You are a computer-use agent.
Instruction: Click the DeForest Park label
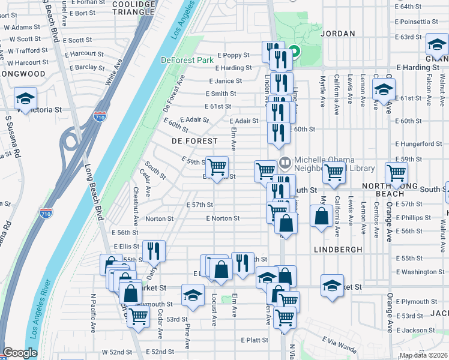point(188,60)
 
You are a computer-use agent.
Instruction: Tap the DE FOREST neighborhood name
point(194,140)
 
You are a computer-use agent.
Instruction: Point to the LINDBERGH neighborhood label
point(338,248)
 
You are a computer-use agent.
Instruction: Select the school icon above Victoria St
point(26,98)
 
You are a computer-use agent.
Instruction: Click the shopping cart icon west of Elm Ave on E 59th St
point(217,166)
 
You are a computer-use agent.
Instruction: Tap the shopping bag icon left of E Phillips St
point(322,216)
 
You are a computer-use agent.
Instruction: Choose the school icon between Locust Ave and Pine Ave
point(192,295)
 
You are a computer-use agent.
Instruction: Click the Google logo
point(20,353)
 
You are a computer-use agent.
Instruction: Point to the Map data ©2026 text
point(423,355)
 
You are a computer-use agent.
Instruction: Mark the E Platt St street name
point(255,340)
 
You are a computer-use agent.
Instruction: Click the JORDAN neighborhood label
point(338,34)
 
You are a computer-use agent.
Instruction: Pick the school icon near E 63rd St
point(437,45)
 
